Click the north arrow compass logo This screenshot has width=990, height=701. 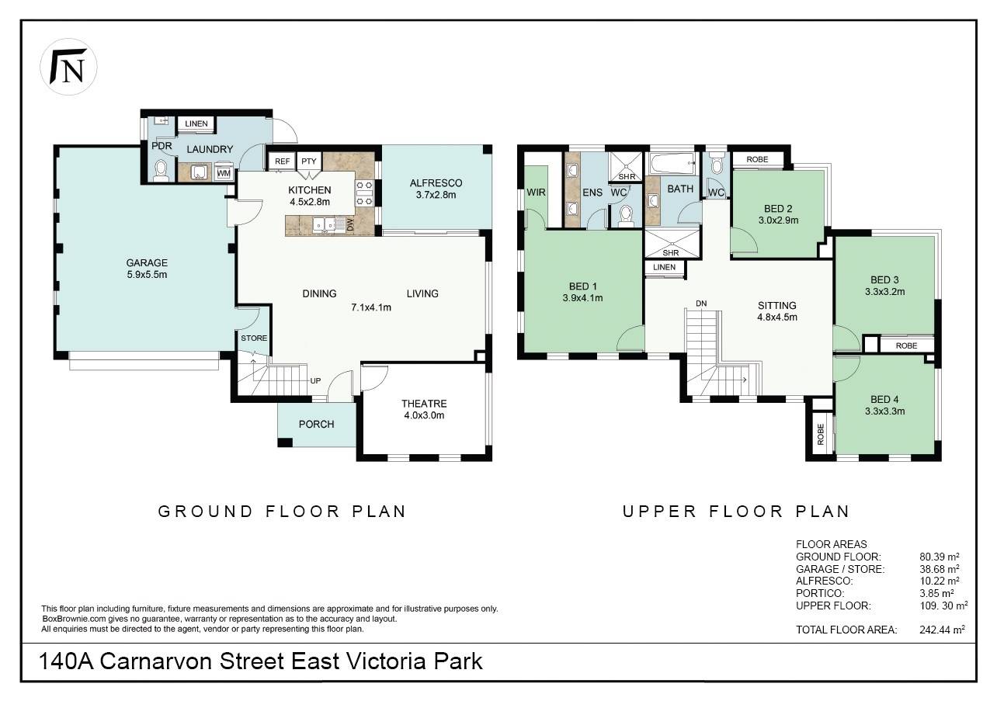[68, 67]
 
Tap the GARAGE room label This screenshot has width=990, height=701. [147, 262]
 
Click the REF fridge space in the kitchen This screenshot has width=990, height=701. [282, 161]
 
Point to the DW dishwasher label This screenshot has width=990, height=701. [350, 224]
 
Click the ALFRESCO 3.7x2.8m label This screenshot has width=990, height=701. [436, 189]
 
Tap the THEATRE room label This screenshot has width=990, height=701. [424, 404]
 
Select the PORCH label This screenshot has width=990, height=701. [317, 425]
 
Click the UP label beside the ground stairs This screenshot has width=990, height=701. [315, 380]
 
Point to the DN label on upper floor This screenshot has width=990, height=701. [701, 304]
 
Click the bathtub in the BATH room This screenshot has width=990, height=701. [672, 164]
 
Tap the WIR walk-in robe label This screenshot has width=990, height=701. [536, 193]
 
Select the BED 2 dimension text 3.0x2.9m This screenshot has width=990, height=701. [778, 220]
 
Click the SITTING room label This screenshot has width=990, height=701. [777, 305]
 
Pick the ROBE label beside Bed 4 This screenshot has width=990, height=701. [821, 434]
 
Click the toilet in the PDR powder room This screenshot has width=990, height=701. [161, 171]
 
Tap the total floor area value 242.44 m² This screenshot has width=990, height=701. [942, 630]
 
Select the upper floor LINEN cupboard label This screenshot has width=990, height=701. [664, 267]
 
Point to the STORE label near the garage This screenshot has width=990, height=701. [254, 338]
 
